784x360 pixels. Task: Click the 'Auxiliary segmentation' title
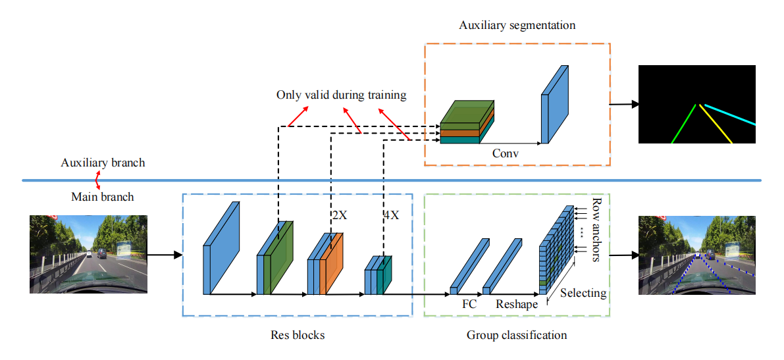click(517, 26)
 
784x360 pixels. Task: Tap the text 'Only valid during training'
click(341, 95)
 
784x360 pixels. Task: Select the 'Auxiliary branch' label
click(103, 163)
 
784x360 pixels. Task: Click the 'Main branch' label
click(102, 196)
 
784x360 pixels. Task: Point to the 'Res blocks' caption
click(298, 336)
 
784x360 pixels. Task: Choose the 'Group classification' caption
click(517, 336)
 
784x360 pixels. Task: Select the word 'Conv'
click(505, 153)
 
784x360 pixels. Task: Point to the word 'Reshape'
click(516, 305)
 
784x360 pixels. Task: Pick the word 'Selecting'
click(583, 293)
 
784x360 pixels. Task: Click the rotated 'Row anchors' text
click(597, 230)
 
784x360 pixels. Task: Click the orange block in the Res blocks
click(332, 263)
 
